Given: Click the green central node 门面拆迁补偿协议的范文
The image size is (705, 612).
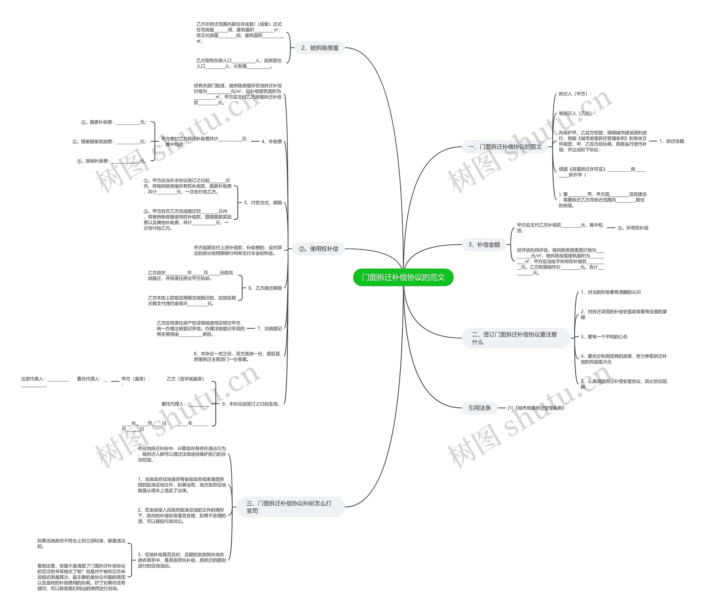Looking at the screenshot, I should point(403,277).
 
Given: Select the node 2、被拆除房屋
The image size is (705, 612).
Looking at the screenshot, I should point(319,48).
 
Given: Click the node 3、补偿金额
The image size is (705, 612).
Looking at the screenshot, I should point(484,245).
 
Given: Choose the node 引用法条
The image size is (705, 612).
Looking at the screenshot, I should point(479,408).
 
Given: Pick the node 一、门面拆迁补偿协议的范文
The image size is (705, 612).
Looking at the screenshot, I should point(505,147).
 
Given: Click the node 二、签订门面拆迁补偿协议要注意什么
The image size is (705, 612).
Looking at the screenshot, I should point(515,338).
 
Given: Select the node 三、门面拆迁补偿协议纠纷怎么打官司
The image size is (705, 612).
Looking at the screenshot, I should point(290,507).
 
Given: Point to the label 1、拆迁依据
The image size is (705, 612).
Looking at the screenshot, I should point(671,141).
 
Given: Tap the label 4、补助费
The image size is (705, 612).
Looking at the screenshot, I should point(272,141).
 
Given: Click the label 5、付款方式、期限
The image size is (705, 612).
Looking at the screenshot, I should point(263,203).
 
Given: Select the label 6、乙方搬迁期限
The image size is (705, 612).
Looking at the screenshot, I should point(265,288).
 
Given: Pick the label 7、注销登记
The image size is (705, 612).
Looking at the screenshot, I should point(269,329).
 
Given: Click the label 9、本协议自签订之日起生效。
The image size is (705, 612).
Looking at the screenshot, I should point(251,404).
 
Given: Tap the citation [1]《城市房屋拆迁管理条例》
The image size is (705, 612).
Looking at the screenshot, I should point(536,408).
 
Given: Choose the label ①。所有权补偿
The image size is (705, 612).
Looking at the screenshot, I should point(633,228).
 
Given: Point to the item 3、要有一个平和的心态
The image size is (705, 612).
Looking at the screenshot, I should point(604,337).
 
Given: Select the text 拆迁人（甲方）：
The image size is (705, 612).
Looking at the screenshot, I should point(575,94).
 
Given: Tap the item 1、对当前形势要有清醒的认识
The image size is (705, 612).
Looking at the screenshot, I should point(610,292).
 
